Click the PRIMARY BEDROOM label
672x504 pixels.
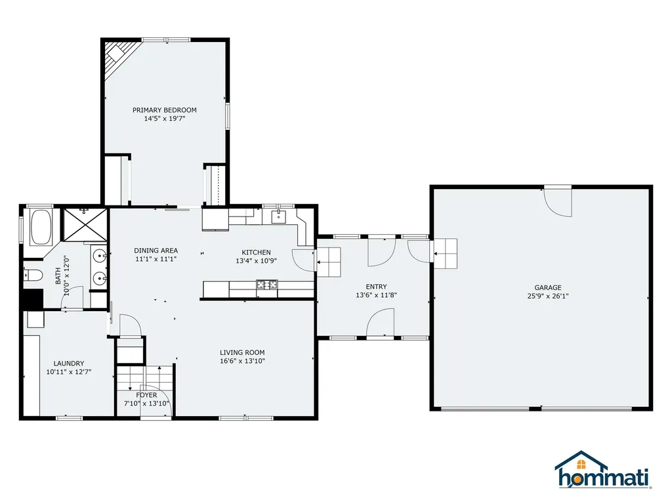click(x=164, y=110)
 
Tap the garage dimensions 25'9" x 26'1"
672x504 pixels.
click(x=547, y=296)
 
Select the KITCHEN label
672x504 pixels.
click(x=256, y=253)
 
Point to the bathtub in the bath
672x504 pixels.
click(x=41, y=226)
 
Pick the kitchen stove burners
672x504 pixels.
click(x=267, y=285)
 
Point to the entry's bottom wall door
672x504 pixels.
click(x=379, y=324)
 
